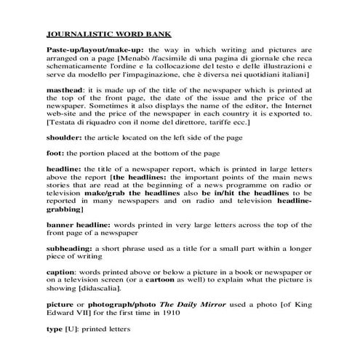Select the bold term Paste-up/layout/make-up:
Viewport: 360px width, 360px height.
[93, 49]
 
